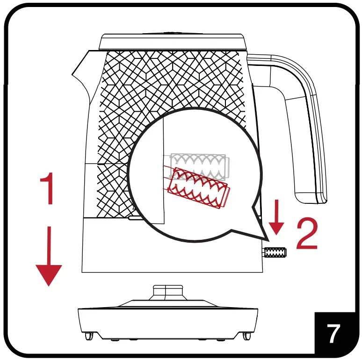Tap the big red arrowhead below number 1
pos(49,274)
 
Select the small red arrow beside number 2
pos(277,218)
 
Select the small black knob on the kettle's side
pos(275,253)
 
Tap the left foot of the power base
pos(87,336)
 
